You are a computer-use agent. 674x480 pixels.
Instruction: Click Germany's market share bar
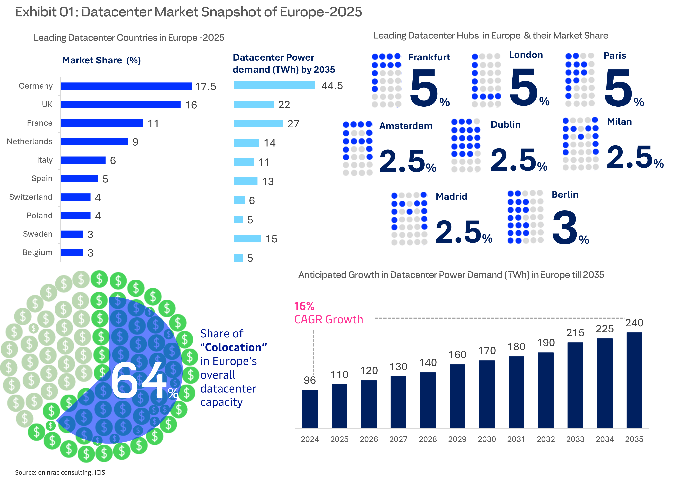(126, 86)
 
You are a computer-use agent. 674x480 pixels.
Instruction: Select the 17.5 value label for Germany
(206, 87)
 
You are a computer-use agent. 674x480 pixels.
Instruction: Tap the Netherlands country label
(30, 142)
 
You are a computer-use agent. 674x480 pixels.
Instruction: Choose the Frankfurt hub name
(429, 57)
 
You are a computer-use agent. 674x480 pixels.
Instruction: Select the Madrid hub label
(451, 197)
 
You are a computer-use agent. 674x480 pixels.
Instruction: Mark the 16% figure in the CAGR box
(304, 306)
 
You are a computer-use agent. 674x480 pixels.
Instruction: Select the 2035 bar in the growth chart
(634, 380)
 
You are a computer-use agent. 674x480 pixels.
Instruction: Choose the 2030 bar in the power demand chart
(487, 394)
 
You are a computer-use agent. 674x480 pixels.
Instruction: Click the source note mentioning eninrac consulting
(60, 472)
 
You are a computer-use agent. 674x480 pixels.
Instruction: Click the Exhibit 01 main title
(188, 12)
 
